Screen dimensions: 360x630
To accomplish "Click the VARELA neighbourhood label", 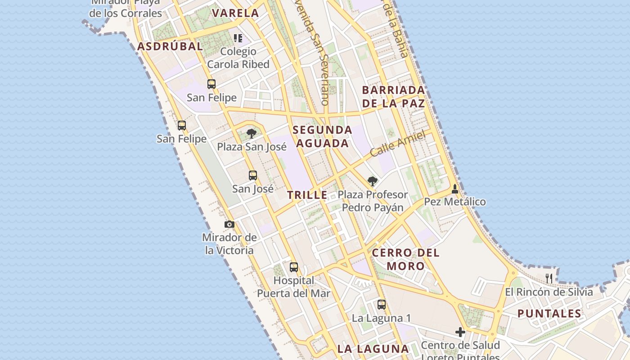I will tap(235, 13).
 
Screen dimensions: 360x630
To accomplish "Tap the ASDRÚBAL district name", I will tap(170, 46).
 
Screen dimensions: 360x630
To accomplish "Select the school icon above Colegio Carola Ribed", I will tap(238, 38).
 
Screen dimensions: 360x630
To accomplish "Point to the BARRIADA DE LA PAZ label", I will tap(393, 97).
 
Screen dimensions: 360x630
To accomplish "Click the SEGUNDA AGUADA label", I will tap(322, 137).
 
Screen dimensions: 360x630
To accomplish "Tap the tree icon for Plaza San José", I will tap(252, 134).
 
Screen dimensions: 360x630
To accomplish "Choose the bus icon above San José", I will tap(253, 175).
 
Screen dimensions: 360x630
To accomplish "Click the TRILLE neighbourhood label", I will tap(307, 195).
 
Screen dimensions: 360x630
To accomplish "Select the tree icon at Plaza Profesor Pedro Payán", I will tap(372, 181).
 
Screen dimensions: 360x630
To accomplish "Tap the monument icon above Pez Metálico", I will tap(455, 189).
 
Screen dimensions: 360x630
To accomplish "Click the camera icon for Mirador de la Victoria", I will tap(229, 224).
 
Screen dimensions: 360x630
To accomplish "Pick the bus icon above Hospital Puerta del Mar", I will tap(294, 267).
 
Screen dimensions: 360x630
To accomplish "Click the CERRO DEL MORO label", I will tap(405, 259).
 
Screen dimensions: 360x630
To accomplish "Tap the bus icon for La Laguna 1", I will tap(382, 305).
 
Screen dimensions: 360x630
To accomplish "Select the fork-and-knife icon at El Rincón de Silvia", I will tap(549, 278).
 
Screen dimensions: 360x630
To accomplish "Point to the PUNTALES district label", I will tap(549, 314).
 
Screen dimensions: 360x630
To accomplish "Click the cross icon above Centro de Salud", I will tap(460, 332).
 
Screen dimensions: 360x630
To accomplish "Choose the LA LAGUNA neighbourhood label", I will tap(373, 349).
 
